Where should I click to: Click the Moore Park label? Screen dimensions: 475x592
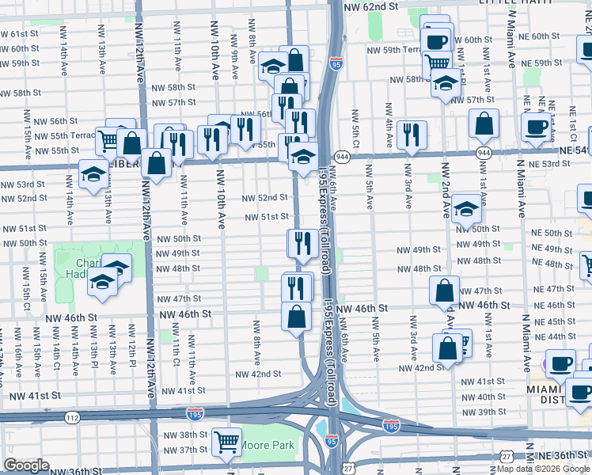pyautogui.click(x=268, y=445)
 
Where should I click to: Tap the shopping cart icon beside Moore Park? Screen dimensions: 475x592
pyautogui.click(x=227, y=442)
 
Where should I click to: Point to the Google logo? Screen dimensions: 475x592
pyautogui.click(x=26, y=465)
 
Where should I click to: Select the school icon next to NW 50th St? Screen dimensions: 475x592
pyautogui.click(x=467, y=208)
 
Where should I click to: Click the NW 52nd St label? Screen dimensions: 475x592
pyautogui.click(x=264, y=198)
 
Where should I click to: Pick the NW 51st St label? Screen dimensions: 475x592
pyautogui.click(x=265, y=217)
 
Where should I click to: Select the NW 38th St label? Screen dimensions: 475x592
pyautogui.click(x=181, y=435)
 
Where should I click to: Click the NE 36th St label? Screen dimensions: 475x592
pyautogui.click(x=564, y=456)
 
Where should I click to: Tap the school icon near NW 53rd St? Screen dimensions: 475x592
pyautogui.click(x=93, y=173)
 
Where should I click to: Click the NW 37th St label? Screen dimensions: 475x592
pyautogui.click(x=181, y=450)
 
